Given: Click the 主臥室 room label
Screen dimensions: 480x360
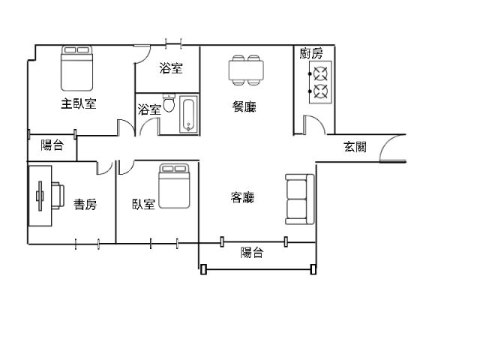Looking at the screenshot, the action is [x=79, y=103].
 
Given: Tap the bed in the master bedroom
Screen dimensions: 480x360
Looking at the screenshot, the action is [x=76, y=68].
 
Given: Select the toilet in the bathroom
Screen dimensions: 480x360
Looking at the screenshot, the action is [x=169, y=103].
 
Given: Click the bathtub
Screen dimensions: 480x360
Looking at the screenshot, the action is [x=188, y=115].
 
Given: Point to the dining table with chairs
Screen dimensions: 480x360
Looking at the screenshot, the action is [x=246, y=70].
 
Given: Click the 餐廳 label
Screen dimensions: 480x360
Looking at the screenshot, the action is [x=244, y=106].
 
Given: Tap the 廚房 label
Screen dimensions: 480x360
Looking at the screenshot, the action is [x=311, y=53].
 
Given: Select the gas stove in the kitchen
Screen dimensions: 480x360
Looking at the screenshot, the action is [x=320, y=82].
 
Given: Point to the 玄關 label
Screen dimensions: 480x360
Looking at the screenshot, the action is [x=355, y=147].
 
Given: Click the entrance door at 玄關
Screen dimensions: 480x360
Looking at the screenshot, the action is [x=393, y=148].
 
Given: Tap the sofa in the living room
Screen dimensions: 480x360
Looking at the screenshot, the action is [x=300, y=199].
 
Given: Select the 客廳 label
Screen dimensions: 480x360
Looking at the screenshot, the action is [x=242, y=197].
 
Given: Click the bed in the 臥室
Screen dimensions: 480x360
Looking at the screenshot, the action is [x=174, y=186].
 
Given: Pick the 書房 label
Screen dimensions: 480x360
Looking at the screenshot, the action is [x=85, y=204].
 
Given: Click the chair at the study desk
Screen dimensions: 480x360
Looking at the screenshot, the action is [x=58, y=196].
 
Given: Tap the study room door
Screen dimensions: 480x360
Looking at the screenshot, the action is [x=105, y=168].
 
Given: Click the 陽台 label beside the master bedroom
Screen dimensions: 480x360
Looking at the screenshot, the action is [x=52, y=145].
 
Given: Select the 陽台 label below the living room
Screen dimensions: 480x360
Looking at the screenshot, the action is [x=252, y=253].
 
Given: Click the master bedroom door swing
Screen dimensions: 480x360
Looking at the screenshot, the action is [x=126, y=127].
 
